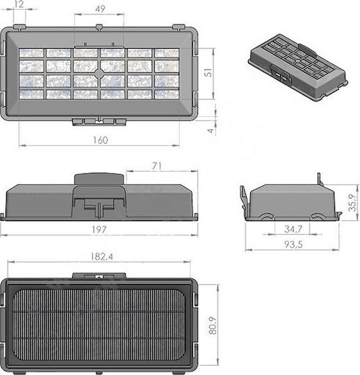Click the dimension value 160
(x=101, y=140)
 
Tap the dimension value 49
(x=100, y=9)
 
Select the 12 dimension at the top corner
(x=19, y=4)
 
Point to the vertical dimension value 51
(x=208, y=72)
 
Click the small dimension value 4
(x=210, y=131)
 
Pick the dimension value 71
(x=157, y=166)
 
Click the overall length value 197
(x=99, y=230)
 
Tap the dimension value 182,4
(x=101, y=257)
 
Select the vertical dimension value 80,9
(x=212, y=326)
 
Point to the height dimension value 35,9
(x=352, y=203)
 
